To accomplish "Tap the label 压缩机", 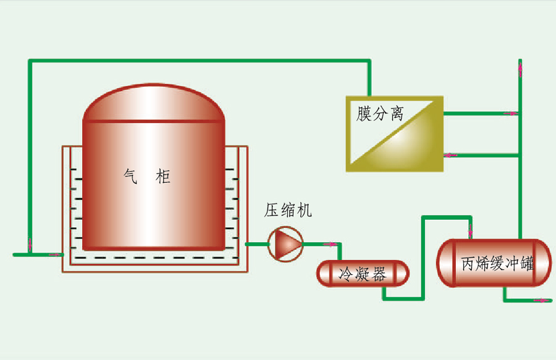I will [289, 211].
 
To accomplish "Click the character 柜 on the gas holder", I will [162, 178].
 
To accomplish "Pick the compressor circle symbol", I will [286, 244].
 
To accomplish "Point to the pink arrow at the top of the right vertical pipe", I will [521, 67].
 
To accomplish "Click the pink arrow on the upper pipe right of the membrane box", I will [510, 114].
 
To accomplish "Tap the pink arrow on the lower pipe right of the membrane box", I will [450, 155].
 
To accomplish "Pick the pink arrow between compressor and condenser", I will [332, 245].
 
